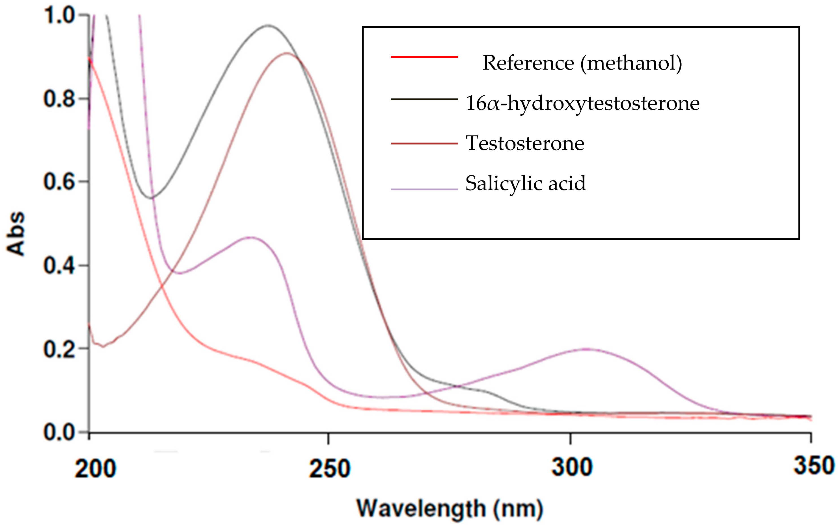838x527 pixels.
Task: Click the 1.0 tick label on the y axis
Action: pos(59,16)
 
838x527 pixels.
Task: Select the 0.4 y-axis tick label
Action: pos(59,266)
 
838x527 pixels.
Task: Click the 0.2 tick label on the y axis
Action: pos(59,349)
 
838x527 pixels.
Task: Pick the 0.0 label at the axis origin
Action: pos(59,433)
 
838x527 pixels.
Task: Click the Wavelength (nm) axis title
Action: pos(450,509)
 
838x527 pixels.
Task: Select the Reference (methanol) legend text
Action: pos(582,63)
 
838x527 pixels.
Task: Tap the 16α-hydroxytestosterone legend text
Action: pos(582,103)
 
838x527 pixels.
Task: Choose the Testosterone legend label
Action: pos(525,143)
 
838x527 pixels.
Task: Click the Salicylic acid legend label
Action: pos(526,183)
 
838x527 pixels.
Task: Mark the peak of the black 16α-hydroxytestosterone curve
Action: pos(268,25)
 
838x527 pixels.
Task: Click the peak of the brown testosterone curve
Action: pos(286,53)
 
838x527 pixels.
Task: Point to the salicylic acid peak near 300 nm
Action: pos(587,349)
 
